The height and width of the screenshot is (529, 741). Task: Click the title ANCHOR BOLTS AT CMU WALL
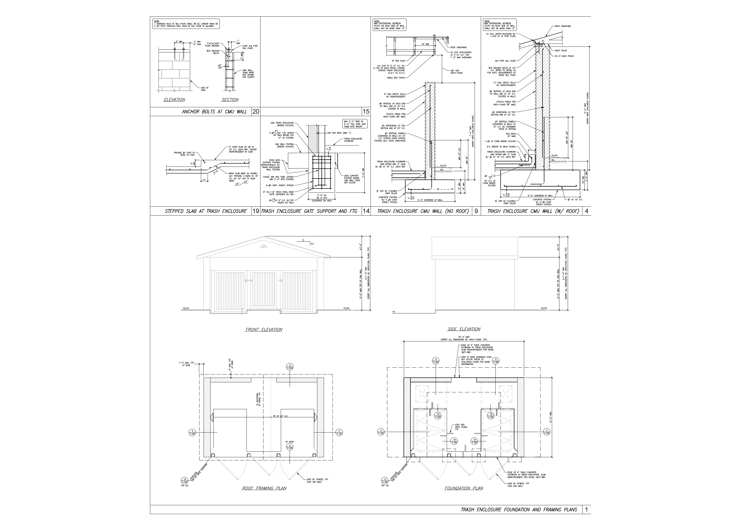tap(214, 112)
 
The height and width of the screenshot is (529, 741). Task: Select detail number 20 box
tap(256, 112)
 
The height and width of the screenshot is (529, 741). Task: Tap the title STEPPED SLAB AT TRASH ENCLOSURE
tap(206, 211)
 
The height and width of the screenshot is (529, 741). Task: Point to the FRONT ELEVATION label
tap(264, 330)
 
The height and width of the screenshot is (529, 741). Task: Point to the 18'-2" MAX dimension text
tap(463, 337)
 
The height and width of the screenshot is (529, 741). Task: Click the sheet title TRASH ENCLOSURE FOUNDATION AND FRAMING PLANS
tap(519, 510)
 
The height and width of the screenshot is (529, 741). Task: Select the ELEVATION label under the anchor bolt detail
tap(174, 100)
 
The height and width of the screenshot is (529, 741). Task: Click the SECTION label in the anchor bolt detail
tap(230, 100)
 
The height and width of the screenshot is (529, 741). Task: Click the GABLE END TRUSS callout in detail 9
tap(396, 78)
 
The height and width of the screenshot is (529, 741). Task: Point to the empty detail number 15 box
tap(366, 112)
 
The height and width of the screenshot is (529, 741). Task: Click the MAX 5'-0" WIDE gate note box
tap(355, 124)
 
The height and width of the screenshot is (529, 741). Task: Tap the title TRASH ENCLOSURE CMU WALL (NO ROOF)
tap(423, 211)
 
